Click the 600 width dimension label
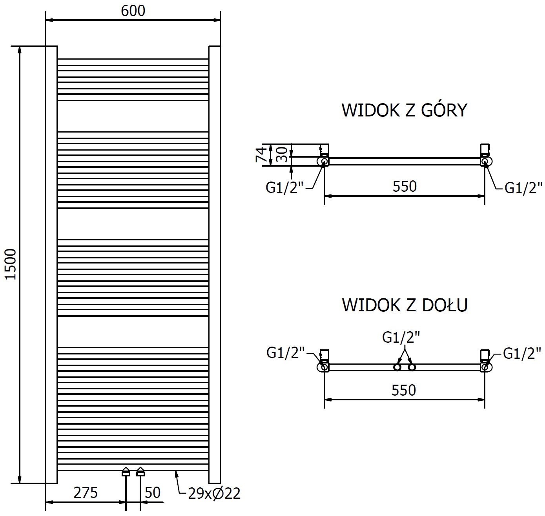tap(133, 11)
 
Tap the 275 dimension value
tap(86, 492)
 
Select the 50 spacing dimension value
tap(153, 492)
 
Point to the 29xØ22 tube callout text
tap(214, 493)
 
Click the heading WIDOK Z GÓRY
tap(405, 110)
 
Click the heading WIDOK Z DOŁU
tap(405, 305)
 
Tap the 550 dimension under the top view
tap(405, 186)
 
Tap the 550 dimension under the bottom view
tap(404, 390)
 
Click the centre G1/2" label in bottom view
tap(401, 337)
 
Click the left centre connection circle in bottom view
tap(397, 367)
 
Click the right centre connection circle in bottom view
tap(412, 367)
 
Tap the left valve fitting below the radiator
tap(126, 472)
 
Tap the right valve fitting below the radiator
tap(140, 472)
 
